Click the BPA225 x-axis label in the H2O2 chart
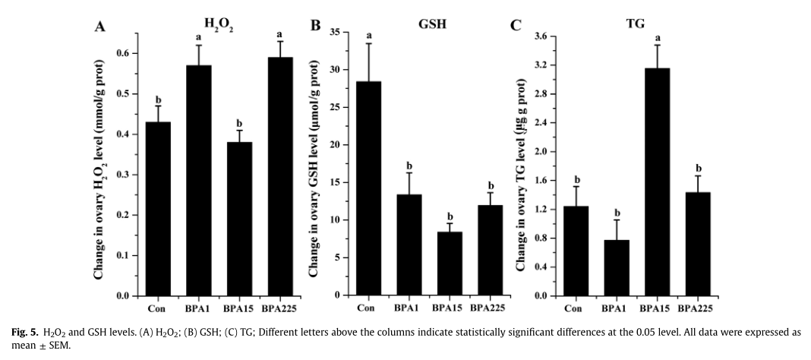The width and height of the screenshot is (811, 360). click(281, 308)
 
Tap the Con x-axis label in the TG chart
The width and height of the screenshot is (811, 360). click(574, 308)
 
